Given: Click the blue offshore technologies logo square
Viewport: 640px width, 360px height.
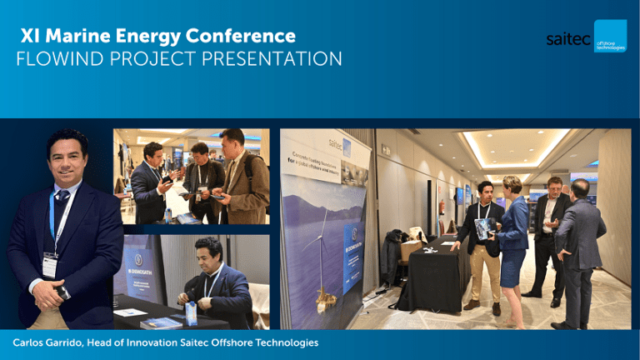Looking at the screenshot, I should click(609, 37).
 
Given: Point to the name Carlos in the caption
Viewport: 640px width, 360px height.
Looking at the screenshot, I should click(31, 342).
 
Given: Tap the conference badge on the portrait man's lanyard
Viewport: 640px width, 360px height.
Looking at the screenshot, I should click(49, 264).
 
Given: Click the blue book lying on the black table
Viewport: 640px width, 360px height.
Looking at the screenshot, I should click(160, 322).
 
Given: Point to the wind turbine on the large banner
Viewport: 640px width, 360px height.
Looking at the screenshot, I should click(322, 258).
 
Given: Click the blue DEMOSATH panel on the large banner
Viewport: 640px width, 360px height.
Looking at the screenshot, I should click(352, 245).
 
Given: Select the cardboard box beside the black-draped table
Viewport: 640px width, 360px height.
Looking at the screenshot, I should click(411, 250).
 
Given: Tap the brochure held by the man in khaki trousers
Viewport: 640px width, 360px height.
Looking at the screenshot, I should click(484, 228).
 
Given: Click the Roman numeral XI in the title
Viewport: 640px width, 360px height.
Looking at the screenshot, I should click(31, 36).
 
